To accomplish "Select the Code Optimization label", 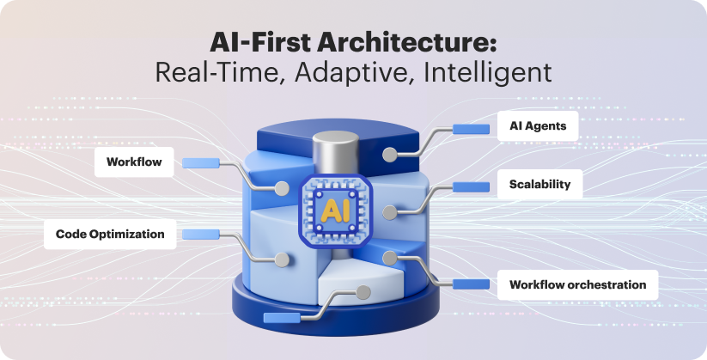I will (110, 234).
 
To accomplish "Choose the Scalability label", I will (539, 184).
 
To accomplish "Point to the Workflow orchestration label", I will (577, 284).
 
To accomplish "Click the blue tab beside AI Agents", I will (471, 129).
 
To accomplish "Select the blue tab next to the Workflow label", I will (199, 161).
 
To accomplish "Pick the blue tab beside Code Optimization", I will (200, 233).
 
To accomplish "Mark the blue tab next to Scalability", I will (471, 186).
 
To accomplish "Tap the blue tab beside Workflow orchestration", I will (471, 284).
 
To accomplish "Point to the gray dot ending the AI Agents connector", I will (390, 155).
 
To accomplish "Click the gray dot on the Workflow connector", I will (280, 188).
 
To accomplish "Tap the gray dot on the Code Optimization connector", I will (280, 259).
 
